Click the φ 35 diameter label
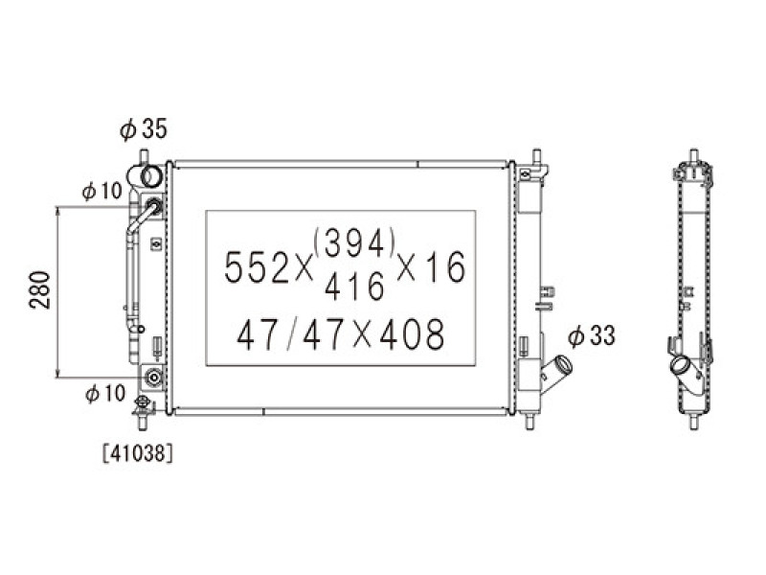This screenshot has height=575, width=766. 143,128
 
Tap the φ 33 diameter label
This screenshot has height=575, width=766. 591,336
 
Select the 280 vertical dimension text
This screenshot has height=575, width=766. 40,290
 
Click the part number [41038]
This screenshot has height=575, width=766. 138,453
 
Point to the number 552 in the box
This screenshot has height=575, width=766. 257,267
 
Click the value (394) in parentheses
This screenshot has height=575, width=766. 355,243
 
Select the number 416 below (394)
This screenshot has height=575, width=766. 354,287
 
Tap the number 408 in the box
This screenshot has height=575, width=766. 412,334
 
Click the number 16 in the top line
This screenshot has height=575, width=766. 445,267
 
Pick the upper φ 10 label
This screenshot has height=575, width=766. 102,191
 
